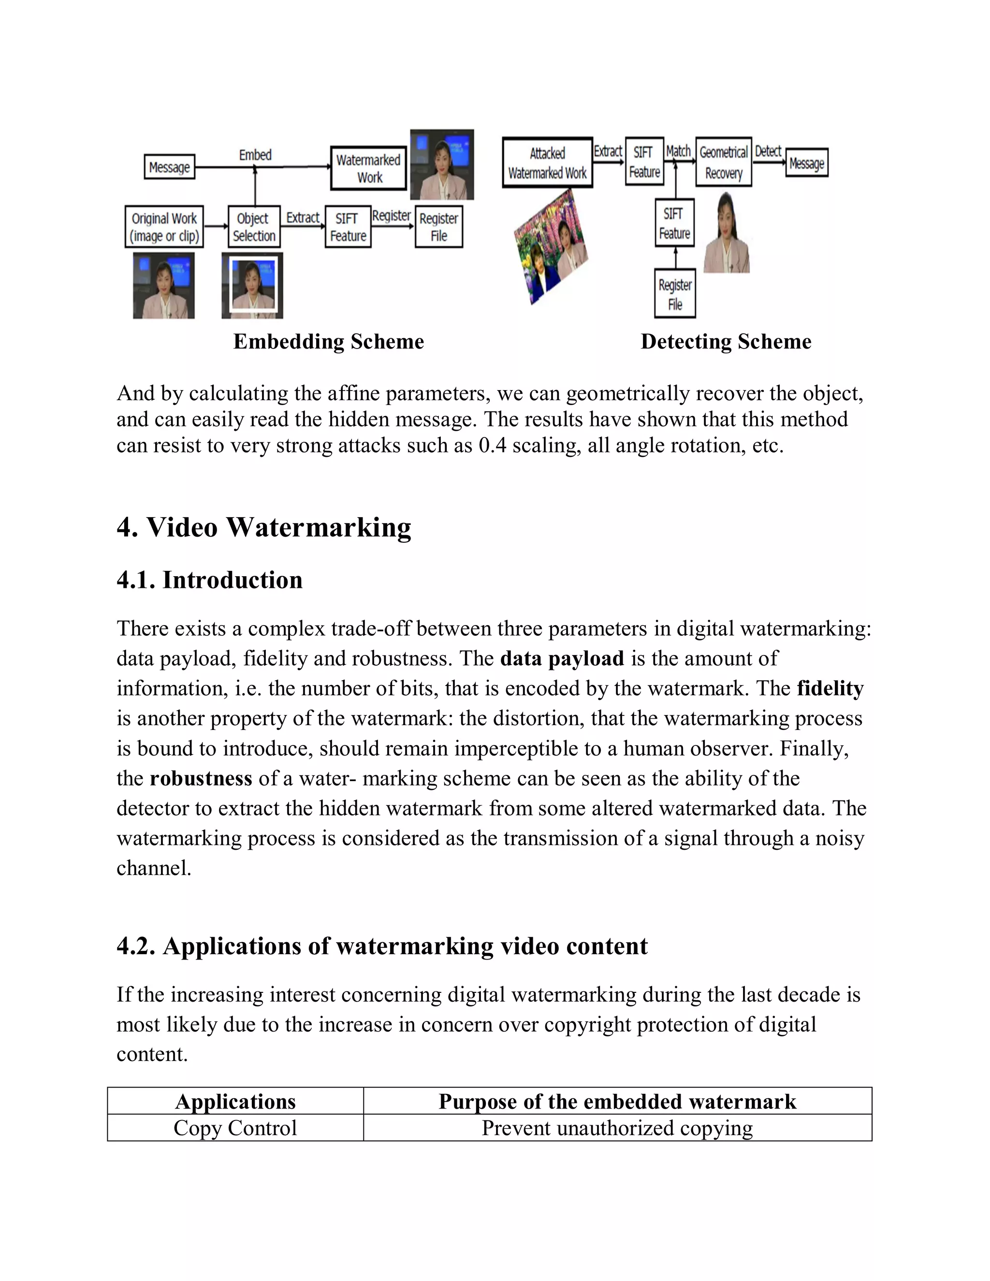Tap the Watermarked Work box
[368, 168]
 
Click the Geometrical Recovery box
[723, 162]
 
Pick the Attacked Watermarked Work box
[547, 163]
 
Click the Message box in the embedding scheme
[170, 167]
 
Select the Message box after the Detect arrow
[806, 163]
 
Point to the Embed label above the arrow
[255, 155]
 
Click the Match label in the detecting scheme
[678, 151]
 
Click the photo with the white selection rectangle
[252, 286]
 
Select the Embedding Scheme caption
[328, 341]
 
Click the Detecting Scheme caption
[726, 341]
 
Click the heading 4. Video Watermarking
[264, 527]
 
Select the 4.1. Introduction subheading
[209, 580]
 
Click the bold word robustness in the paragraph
[201, 778]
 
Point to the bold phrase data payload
[562, 658]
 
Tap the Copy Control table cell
[235, 1128]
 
